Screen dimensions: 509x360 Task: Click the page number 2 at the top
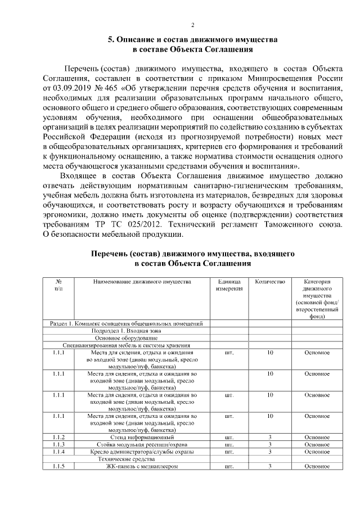(193, 25)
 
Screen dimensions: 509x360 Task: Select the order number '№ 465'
(108, 89)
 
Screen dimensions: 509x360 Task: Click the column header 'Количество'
(270, 282)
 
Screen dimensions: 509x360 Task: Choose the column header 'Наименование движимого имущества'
(142, 282)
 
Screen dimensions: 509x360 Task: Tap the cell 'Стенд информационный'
(142, 437)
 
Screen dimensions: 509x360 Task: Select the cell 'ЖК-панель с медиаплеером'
(142, 466)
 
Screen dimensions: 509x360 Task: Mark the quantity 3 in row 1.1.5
(270, 466)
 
